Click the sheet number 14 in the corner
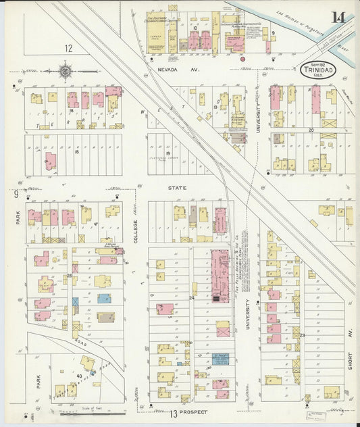point(338,17)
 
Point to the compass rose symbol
point(66,69)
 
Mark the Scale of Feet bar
point(88,411)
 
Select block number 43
point(79,376)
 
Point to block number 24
point(191,297)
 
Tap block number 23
point(303,335)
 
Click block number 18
point(76,152)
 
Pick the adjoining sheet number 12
point(68,48)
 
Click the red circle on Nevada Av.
point(242,59)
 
